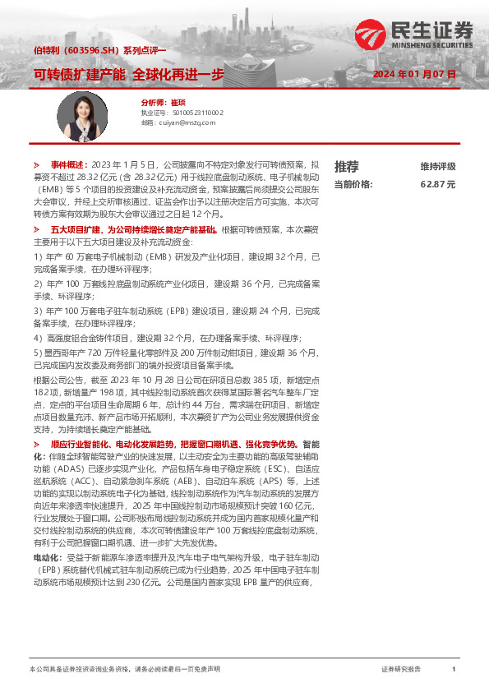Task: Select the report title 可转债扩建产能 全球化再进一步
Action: [128, 74]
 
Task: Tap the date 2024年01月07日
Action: [414, 74]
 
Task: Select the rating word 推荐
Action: [346, 166]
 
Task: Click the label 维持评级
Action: [437, 166]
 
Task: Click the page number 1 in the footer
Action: [453, 670]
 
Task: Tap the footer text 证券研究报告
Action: [401, 670]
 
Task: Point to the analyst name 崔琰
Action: [179, 103]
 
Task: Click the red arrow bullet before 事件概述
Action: [36, 164]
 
